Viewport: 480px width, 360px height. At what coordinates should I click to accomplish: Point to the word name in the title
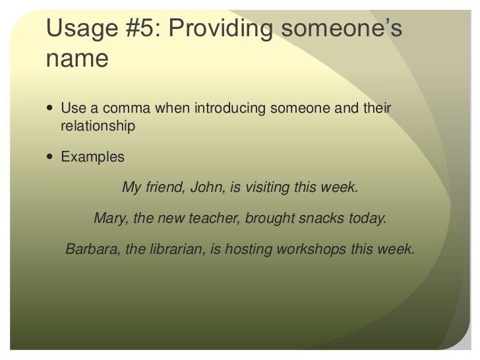click(76, 59)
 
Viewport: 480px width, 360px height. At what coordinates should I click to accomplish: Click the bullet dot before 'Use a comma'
click(52, 107)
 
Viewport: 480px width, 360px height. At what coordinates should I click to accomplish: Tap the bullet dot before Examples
click(52, 158)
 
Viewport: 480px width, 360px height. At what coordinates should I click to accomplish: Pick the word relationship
click(98, 125)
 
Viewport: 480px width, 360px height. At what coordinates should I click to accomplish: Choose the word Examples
click(92, 158)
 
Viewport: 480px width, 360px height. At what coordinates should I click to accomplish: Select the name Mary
click(109, 218)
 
